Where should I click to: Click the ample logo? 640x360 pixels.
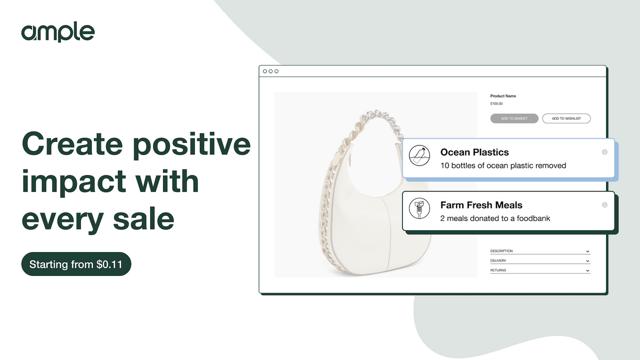[x=57, y=32]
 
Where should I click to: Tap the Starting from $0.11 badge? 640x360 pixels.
[x=76, y=264]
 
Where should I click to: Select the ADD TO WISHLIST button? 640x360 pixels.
[x=566, y=118]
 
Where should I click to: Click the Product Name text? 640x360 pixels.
[x=503, y=96]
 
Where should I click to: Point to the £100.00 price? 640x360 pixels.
[x=496, y=104]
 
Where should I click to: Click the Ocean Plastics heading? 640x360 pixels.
[x=474, y=152]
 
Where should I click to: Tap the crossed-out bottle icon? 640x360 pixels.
[x=419, y=155]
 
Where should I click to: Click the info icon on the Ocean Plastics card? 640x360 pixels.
[x=604, y=152]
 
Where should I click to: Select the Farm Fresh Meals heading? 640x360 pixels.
[x=481, y=205]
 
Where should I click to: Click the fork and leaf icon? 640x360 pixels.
[x=419, y=208]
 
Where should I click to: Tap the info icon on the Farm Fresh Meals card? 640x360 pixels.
[x=604, y=205]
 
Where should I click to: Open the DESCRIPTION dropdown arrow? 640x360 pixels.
[x=587, y=251]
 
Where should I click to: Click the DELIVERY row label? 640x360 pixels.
[x=498, y=261]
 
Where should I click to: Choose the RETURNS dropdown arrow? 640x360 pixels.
[x=587, y=270]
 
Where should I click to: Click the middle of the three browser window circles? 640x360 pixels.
[x=270, y=71]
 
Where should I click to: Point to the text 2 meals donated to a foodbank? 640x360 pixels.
[x=495, y=218]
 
